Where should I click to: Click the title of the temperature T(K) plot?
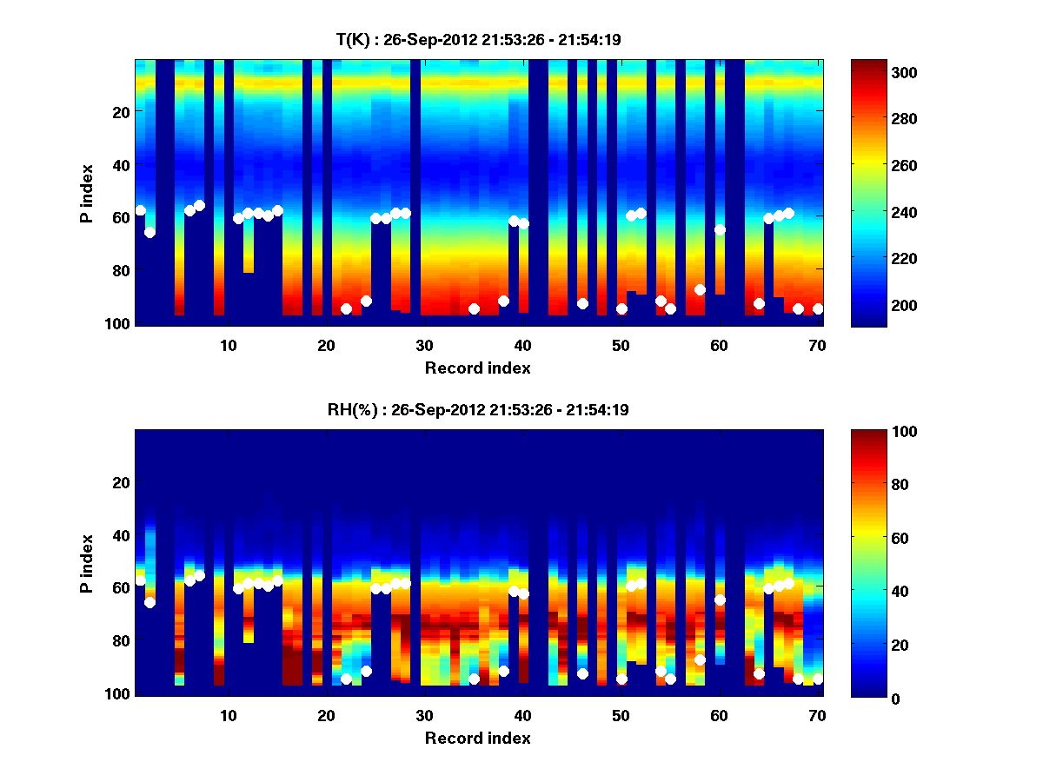click(x=477, y=39)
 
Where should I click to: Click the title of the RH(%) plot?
click(x=477, y=410)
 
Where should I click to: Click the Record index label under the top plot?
click(x=477, y=368)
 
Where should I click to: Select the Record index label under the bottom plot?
click(x=477, y=738)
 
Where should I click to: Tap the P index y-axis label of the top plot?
click(x=87, y=193)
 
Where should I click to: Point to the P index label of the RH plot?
click(x=87, y=563)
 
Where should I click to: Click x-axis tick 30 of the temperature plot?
click(x=424, y=344)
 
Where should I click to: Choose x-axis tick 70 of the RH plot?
click(x=817, y=714)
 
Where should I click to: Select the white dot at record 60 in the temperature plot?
click(x=720, y=229)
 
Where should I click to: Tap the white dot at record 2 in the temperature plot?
click(x=149, y=232)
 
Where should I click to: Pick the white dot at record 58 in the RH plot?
click(x=700, y=659)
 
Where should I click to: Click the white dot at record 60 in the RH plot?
click(x=720, y=600)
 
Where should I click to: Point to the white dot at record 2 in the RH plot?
click(x=149, y=602)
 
